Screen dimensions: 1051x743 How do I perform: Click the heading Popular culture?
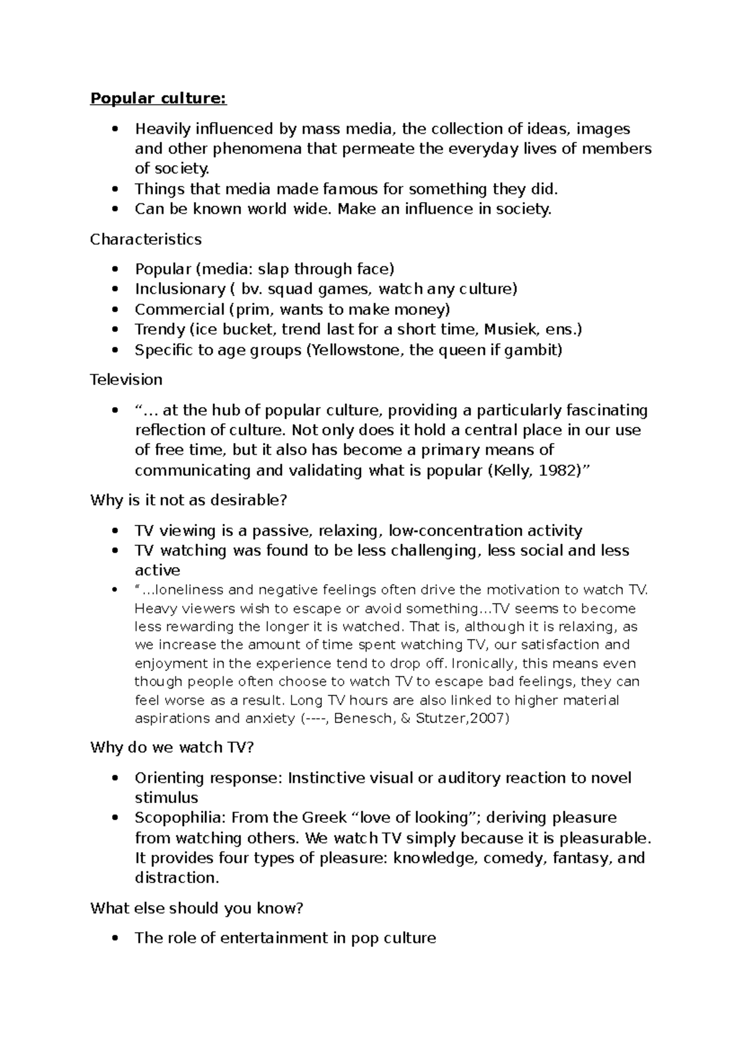pos(159,99)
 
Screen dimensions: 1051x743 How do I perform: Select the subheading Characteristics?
pos(146,239)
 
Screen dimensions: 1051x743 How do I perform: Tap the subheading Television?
pos(126,379)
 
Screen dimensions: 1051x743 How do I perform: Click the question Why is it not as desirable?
pos(189,500)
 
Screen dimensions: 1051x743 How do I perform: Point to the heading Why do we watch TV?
pos(172,747)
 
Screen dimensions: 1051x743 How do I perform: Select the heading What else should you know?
pos(197,908)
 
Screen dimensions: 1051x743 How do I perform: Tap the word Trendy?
pos(160,329)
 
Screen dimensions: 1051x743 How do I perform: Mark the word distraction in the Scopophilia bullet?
pos(176,877)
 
